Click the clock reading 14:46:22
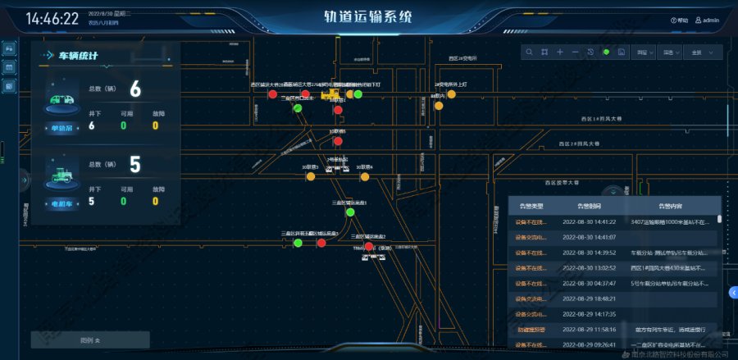(x=52, y=18)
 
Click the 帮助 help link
(x=680, y=20)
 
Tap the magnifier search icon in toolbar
(x=530, y=52)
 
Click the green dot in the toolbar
(x=606, y=52)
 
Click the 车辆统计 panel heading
(x=78, y=57)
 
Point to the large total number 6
(x=135, y=89)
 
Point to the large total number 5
(x=135, y=166)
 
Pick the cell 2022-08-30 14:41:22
(x=589, y=221)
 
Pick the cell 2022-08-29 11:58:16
(x=589, y=328)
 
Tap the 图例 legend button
(x=90, y=339)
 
